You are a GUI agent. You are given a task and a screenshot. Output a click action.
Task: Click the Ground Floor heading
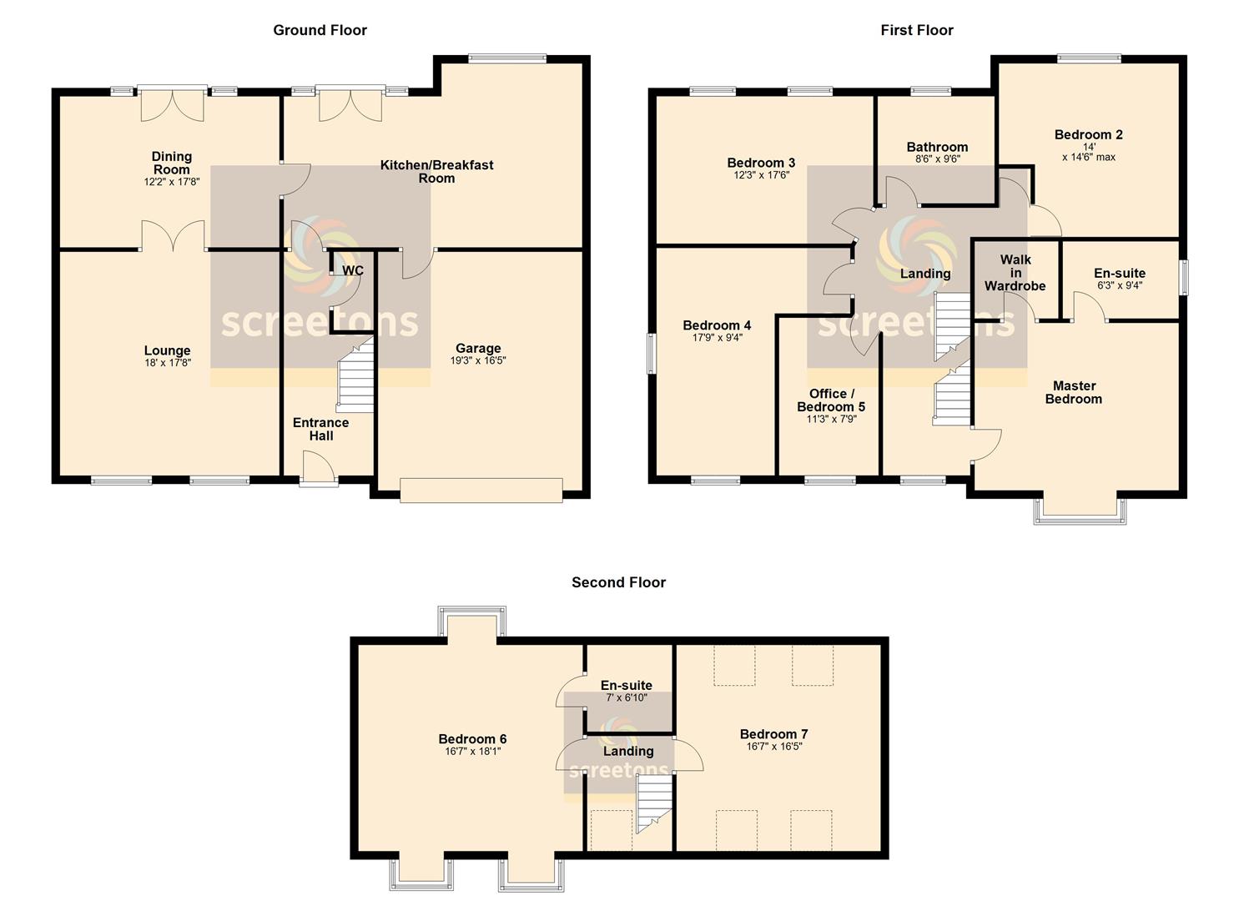[x=320, y=30]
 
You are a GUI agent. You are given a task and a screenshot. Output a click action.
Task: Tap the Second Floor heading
[x=618, y=581]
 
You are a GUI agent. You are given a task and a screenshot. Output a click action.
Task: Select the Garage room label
[x=478, y=348]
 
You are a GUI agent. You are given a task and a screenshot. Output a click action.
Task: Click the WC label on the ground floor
[x=353, y=270]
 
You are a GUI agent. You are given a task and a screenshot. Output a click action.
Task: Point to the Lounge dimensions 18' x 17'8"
[x=167, y=363]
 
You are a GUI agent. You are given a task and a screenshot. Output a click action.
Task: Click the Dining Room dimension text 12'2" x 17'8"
[x=172, y=181]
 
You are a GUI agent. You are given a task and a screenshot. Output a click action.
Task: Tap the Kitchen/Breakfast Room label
[x=436, y=172]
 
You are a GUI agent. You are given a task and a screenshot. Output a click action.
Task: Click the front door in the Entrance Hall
[x=318, y=468]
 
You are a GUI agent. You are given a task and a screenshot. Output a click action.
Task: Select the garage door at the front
[x=481, y=490]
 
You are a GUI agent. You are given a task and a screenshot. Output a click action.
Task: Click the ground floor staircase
[x=355, y=375]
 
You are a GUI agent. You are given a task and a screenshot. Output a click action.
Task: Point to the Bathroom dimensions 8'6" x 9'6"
[x=937, y=159]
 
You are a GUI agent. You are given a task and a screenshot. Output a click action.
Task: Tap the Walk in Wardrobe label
[x=1015, y=273]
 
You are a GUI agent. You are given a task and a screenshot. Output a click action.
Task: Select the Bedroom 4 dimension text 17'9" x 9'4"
[x=718, y=337]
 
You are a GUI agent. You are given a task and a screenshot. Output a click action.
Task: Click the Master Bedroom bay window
[x=1080, y=511]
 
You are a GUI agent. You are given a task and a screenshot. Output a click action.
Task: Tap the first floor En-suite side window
[x=1184, y=277]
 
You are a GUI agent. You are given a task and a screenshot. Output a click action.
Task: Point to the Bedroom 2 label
[x=1089, y=134]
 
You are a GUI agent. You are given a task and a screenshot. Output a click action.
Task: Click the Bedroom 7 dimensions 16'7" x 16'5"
[x=773, y=746]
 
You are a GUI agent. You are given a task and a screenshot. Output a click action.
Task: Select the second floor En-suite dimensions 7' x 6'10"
[x=626, y=697]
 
